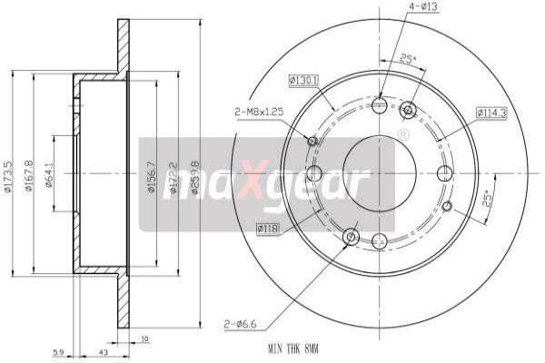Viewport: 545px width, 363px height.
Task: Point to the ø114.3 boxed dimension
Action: [x=490, y=113]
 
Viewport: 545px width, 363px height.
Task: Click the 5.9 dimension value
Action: [x=58, y=351]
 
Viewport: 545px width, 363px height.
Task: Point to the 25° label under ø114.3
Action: [x=486, y=198]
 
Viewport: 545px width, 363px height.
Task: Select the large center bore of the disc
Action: [x=380, y=172]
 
